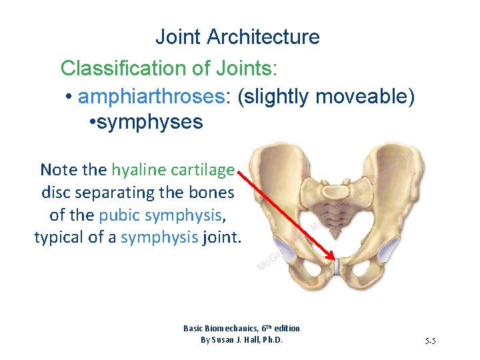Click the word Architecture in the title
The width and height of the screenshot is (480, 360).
point(263,37)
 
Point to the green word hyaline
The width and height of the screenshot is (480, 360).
point(137,169)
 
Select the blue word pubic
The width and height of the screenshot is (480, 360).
point(117,215)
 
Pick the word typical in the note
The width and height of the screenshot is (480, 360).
point(58,237)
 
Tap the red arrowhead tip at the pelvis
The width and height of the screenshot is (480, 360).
point(334,257)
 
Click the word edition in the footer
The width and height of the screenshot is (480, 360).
point(285,328)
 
